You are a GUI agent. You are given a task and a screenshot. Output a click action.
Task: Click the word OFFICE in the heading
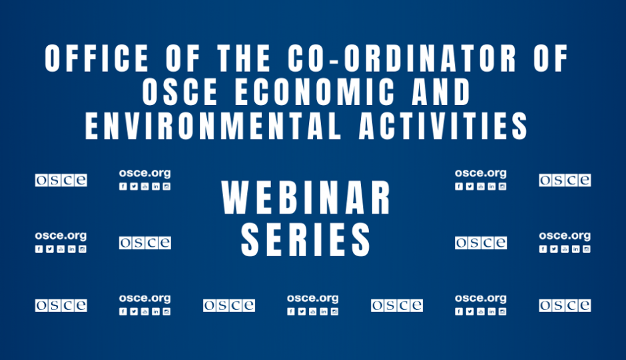[97, 59]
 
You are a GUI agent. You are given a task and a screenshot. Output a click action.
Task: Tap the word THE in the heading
[244, 59]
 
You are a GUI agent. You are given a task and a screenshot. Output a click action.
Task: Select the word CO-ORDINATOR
[402, 59]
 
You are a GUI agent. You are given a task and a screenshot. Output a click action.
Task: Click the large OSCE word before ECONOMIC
[180, 92]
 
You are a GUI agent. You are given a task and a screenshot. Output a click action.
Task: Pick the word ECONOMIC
[314, 92]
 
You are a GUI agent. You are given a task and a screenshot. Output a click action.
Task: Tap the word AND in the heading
[442, 92]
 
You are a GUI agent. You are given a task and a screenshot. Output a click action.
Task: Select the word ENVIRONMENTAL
[213, 126]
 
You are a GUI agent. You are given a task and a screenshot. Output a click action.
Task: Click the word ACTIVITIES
[444, 126]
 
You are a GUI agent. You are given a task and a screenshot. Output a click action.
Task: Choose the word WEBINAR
[306, 198]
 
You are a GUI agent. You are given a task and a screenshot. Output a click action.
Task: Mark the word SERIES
[306, 240]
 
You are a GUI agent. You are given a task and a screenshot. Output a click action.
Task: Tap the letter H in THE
[244, 59]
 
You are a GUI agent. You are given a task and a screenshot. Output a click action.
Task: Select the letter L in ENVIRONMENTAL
[333, 126]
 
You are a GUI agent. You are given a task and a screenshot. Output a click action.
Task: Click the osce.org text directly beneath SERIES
[312, 299]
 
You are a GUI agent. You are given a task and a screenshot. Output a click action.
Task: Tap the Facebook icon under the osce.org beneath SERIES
[291, 311]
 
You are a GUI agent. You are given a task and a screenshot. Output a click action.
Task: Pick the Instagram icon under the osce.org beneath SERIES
[334, 311]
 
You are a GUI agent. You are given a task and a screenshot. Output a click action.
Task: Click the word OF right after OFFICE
[183, 59]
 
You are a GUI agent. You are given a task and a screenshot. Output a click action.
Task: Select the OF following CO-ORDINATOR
[551, 59]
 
